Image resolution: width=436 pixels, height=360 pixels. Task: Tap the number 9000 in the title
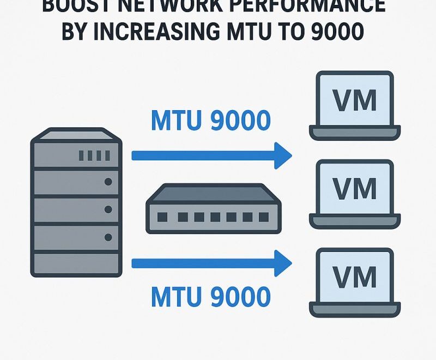click(x=334, y=32)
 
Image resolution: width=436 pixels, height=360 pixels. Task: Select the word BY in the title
click(x=75, y=32)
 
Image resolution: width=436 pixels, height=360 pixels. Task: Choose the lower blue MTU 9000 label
click(x=210, y=297)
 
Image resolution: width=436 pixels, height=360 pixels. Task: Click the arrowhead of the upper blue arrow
click(x=282, y=155)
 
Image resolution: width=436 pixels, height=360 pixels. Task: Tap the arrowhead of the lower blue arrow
click(x=282, y=264)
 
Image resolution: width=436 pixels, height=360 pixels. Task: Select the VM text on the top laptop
click(x=355, y=100)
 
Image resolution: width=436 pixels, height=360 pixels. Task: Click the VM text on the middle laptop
click(x=355, y=189)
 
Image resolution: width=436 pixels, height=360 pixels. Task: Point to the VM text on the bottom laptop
click(x=355, y=277)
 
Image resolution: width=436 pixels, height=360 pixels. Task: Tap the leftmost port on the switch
click(x=162, y=217)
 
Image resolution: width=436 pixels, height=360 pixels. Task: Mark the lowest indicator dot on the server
click(x=108, y=237)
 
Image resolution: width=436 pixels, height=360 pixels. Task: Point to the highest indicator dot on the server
click(x=108, y=182)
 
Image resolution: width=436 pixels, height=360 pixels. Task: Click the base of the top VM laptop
click(x=355, y=132)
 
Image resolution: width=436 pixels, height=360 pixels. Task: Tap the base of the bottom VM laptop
click(x=355, y=309)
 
